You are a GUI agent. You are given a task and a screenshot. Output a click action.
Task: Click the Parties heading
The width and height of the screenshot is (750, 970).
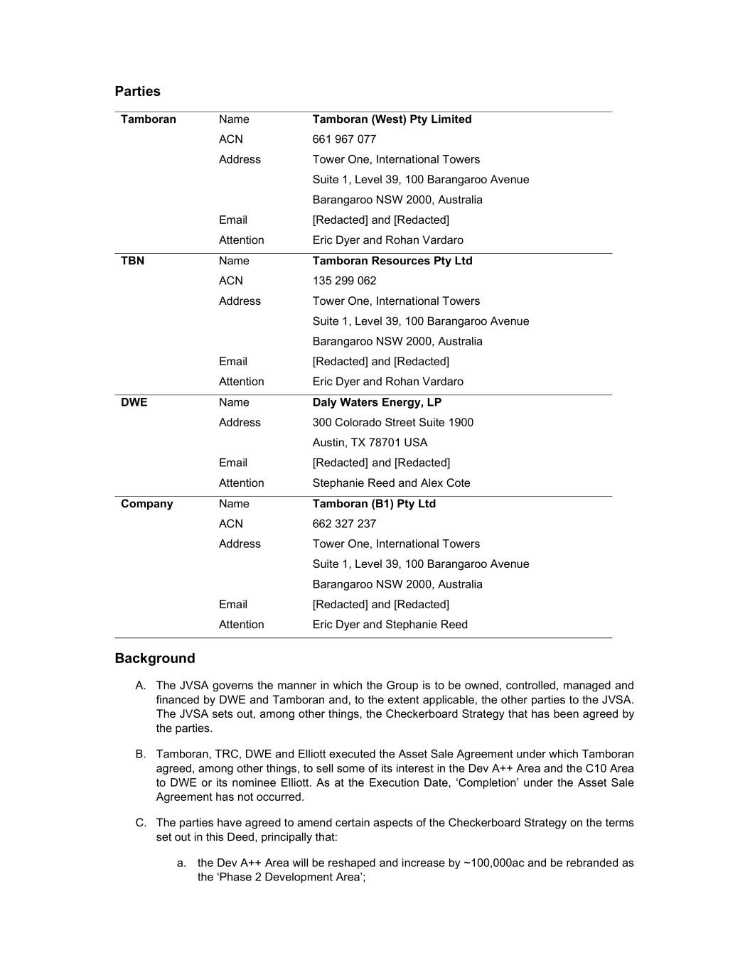click(137, 92)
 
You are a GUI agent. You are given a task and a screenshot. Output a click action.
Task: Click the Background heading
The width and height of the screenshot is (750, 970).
click(154, 659)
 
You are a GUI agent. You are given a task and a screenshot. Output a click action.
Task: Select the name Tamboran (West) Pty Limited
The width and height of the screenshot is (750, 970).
click(392, 119)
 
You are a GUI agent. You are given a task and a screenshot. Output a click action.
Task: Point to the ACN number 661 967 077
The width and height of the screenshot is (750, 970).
click(344, 139)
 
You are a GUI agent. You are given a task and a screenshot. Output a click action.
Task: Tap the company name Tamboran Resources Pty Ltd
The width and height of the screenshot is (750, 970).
click(392, 261)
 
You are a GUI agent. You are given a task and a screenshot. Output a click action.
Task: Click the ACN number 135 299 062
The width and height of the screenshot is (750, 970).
click(344, 281)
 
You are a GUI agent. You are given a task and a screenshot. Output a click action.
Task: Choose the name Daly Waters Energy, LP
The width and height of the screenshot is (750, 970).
click(377, 402)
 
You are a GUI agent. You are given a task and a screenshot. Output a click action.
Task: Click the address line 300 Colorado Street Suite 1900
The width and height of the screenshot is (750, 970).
click(392, 422)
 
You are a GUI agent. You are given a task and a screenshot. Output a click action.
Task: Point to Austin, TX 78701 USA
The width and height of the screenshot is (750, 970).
click(370, 443)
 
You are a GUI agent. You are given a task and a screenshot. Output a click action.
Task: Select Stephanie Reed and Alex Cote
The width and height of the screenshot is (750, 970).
click(391, 483)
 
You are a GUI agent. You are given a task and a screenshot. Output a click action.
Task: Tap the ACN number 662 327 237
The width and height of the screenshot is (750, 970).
click(344, 524)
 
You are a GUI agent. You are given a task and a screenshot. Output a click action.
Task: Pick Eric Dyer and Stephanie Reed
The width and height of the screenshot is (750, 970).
click(390, 625)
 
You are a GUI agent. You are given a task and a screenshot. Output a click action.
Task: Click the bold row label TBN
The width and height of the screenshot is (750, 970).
click(132, 261)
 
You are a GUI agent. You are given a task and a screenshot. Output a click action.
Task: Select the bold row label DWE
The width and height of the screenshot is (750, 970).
click(134, 402)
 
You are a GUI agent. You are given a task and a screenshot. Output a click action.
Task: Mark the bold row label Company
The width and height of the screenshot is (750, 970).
click(146, 504)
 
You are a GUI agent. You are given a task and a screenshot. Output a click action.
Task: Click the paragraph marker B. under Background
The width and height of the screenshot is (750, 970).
click(140, 754)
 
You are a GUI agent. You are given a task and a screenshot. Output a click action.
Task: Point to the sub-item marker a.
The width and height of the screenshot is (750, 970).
click(181, 863)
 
